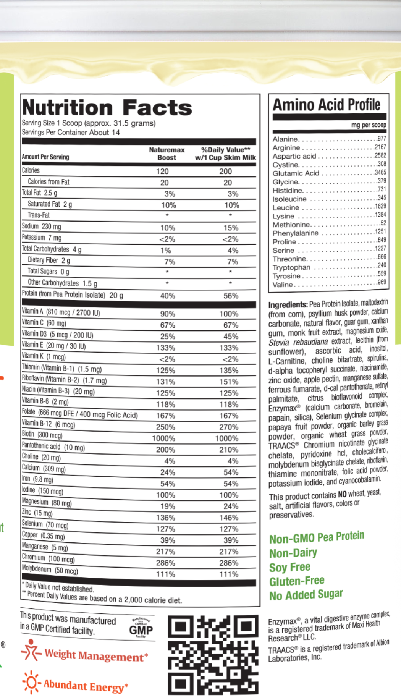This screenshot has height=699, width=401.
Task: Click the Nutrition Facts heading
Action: click(x=107, y=108)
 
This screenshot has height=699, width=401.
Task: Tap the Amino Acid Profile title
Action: click(x=327, y=105)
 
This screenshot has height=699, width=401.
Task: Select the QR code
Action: click(x=213, y=654)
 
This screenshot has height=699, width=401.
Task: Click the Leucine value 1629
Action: click(x=380, y=206)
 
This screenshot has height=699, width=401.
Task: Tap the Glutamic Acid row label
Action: click(x=296, y=173)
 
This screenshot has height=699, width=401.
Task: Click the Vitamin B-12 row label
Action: click(x=49, y=424)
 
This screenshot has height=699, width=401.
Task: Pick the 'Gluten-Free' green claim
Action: click(x=297, y=581)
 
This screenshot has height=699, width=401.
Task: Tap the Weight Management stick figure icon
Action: click(x=31, y=651)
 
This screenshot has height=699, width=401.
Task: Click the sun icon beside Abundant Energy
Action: click(x=31, y=682)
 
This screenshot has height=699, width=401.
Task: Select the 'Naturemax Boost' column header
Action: click(x=167, y=154)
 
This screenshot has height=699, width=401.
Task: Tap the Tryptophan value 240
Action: click(x=382, y=265)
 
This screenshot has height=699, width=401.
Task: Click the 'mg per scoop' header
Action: click(x=369, y=125)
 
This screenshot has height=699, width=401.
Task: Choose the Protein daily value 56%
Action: click(x=231, y=296)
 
